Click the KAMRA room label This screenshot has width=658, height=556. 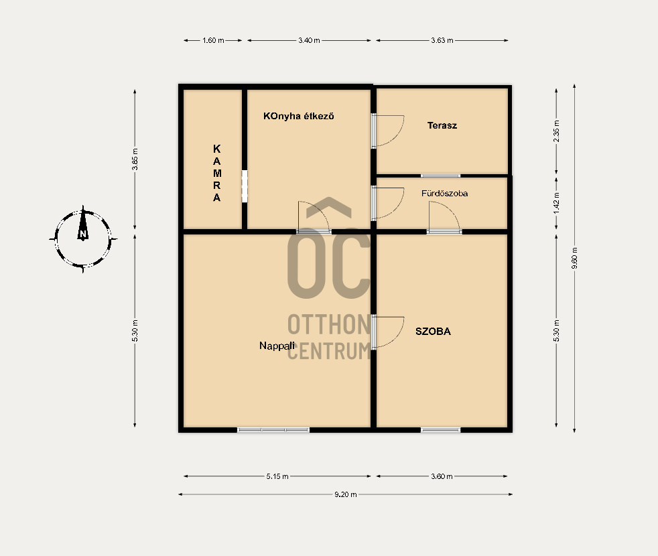tap(217, 173)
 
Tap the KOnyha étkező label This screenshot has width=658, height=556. tap(298, 117)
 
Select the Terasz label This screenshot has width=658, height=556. tap(442, 125)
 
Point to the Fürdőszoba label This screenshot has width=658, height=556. tap(444, 194)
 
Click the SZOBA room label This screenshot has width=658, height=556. tap(433, 332)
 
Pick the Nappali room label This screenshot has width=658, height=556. tap(277, 346)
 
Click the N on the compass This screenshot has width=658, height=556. tap(83, 234)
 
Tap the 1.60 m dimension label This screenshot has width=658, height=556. tap(213, 41)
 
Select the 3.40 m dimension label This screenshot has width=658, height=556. tap(310, 41)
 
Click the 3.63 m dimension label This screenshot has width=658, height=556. tap(442, 41)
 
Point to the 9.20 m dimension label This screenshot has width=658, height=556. tap(345, 494)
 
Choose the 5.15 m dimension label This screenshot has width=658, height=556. tap(277, 476)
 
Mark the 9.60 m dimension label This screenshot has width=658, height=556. tap(574, 258)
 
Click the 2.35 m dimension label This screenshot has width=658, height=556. tap(556, 131)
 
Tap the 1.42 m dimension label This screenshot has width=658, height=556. tap(556, 203)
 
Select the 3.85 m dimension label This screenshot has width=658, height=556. tap(135, 159)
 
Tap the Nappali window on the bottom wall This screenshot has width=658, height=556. tap(273, 429)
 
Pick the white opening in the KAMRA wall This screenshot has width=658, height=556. tap(245, 186)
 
